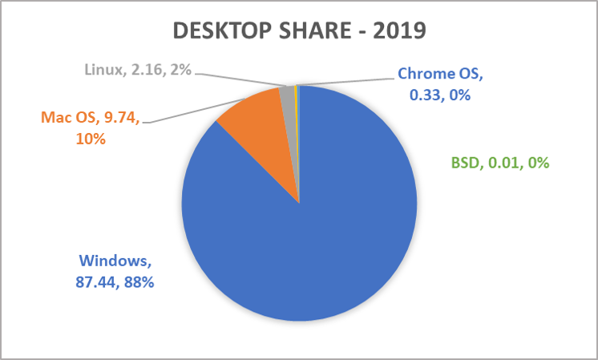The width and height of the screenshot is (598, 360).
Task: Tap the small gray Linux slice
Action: (288, 98)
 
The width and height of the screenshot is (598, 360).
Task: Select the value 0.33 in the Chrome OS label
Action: (419, 95)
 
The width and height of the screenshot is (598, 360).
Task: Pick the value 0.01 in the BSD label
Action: (502, 164)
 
